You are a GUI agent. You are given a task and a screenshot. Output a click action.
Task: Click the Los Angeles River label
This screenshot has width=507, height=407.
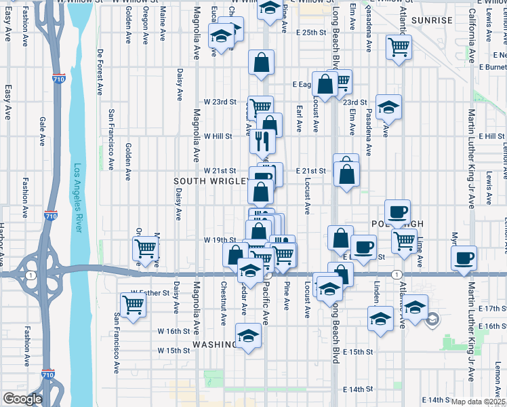tap(77, 197)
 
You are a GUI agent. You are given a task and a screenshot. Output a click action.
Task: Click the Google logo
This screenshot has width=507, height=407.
tap(22, 399)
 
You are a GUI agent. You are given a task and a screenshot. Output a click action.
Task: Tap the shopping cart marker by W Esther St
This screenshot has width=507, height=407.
tap(134, 305)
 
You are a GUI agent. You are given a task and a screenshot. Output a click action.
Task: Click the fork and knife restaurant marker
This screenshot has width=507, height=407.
tap(262, 141)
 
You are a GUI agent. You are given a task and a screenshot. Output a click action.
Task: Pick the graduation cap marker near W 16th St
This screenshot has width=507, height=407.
tap(248, 336)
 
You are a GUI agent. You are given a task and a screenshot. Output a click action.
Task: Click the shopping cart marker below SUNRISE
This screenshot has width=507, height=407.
tap(399, 47)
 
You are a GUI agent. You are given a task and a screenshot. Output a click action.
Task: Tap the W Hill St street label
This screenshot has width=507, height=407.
tap(218, 136)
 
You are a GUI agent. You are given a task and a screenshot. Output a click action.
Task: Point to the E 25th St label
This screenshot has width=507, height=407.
tap(311, 33)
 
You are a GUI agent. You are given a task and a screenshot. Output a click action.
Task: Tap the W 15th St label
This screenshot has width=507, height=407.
tap(174, 351)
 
